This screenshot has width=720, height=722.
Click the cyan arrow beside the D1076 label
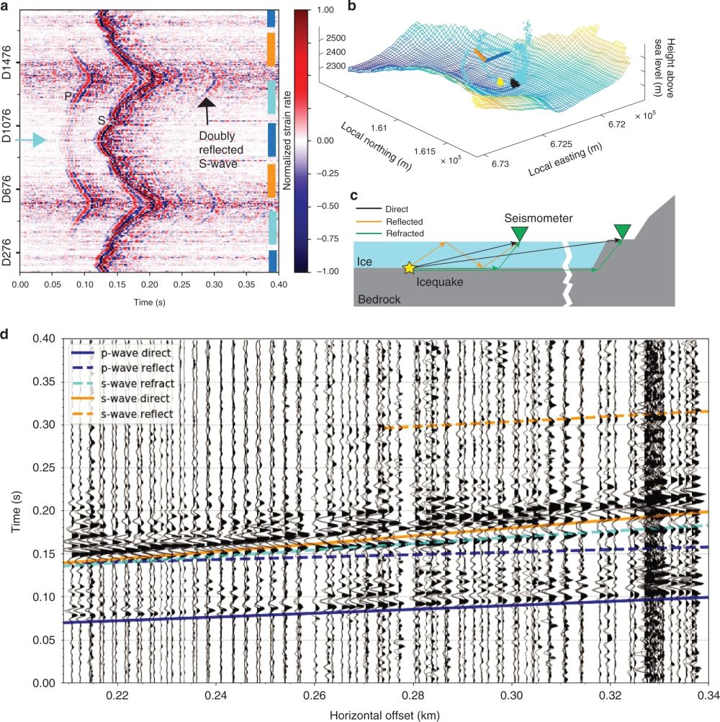[32, 142]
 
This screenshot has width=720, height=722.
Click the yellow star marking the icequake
[409, 268]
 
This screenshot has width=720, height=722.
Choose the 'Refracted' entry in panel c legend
[403, 233]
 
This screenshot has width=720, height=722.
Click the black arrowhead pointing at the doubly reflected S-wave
[208, 102]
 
